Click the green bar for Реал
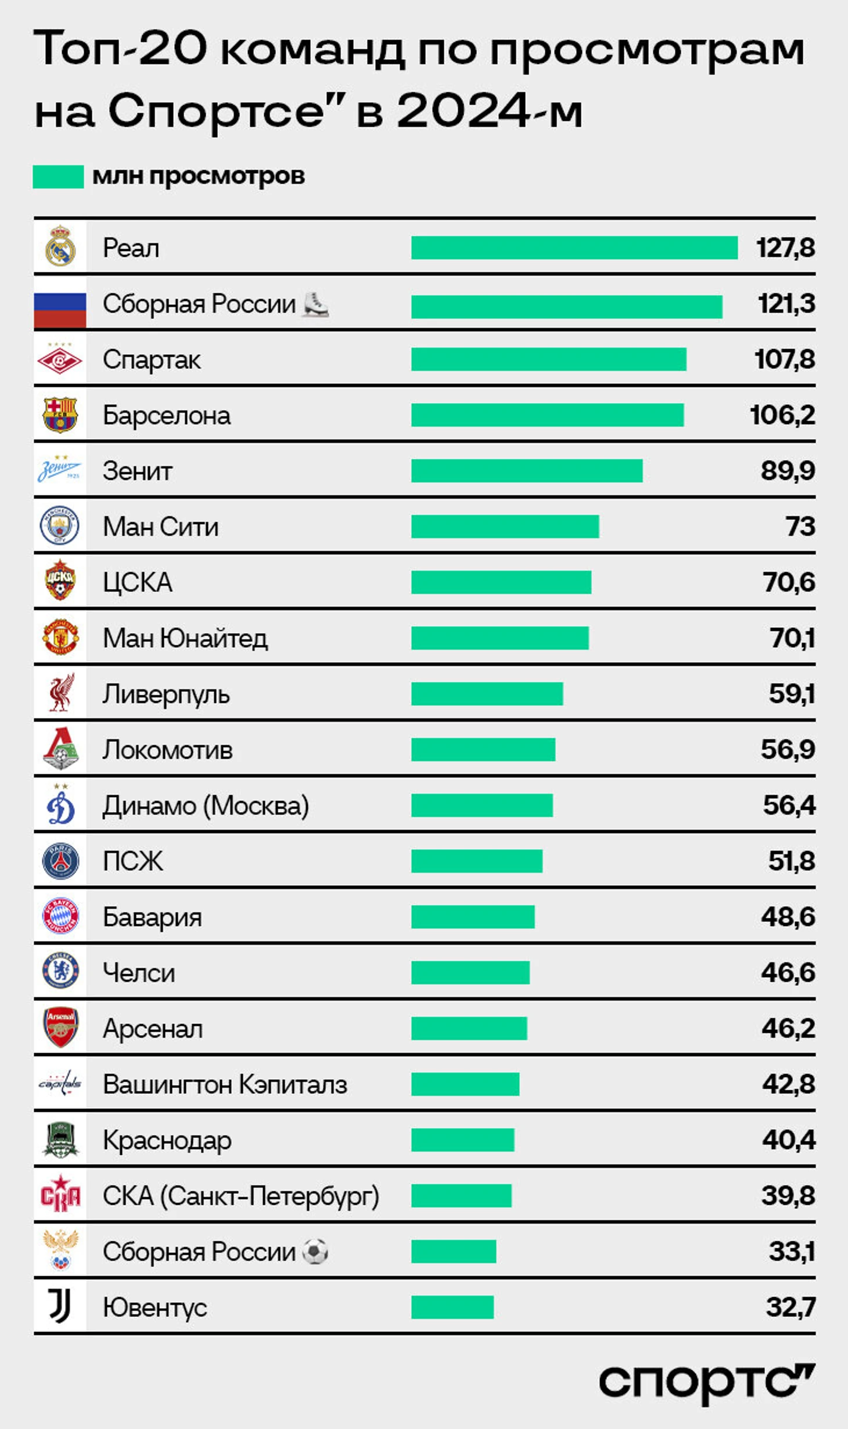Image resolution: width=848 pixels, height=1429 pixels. [574, 247]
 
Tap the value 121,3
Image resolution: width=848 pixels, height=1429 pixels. [786, 304]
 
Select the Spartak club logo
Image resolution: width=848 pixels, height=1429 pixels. [60, 360]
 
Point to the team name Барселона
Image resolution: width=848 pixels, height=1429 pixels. [166, 415]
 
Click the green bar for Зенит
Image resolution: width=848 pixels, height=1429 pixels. [526, 471]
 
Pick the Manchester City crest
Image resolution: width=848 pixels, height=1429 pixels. [60, 526]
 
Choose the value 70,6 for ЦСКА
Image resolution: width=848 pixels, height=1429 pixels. [789, 582]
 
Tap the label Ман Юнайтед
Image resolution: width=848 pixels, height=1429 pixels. [185, 638]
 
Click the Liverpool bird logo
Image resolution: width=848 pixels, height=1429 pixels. [60, 693]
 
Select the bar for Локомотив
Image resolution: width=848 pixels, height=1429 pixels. [483, 749]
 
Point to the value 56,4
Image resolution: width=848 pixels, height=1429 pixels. [789, 805]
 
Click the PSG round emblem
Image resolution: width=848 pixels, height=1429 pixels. [60, 861]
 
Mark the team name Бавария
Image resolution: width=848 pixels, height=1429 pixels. [152, 917]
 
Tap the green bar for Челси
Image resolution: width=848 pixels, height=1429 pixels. [470, 972]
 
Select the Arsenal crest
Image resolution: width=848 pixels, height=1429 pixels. [60, 1028]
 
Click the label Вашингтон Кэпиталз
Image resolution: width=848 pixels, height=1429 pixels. [225, 1084]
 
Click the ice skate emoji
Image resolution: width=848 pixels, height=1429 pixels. [315, 304]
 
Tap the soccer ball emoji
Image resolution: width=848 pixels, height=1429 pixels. [315, 1251]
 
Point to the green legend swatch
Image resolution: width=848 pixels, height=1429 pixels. [58, 177]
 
